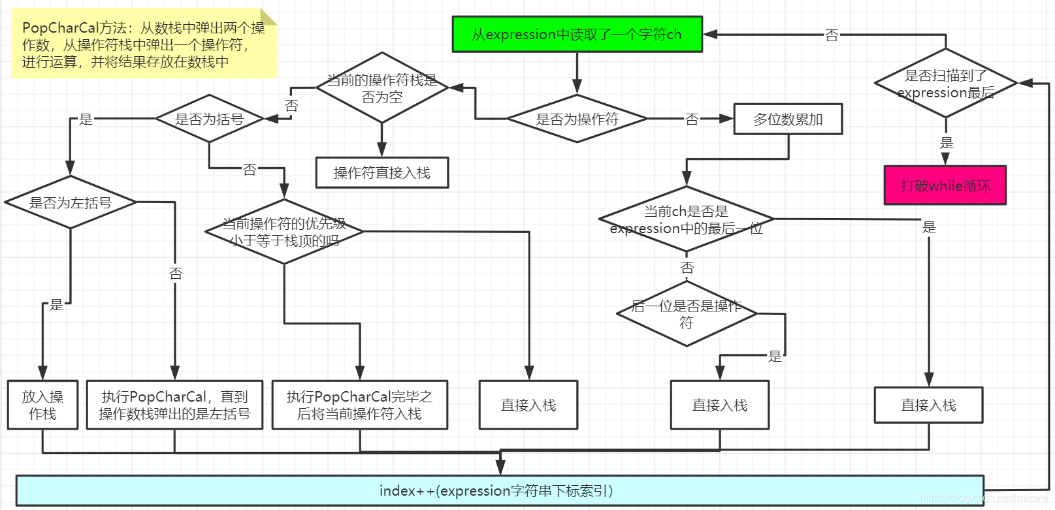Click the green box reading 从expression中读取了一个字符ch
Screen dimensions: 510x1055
[x=577, y=34]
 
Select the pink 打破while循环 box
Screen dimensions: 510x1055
[x=945, y=185]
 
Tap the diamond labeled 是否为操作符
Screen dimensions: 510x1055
[x=577, y=119]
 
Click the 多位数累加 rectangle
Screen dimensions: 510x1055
[x=788, y=120]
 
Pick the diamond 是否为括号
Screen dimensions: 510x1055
[x=209, y=119]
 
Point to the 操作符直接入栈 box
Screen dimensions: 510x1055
[x=381, y=172]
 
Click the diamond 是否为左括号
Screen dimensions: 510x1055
[x=70, y=202]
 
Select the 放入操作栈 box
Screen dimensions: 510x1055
[x=42, y=405]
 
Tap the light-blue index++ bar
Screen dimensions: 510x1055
[x=500, y=491]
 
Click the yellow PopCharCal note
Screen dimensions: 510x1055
[x=144, y=44]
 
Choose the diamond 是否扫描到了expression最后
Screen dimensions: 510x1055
[x=945, y=84]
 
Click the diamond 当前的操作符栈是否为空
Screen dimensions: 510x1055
[x=381, y=88]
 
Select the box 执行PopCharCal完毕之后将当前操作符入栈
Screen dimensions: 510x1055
[x=359, y=405]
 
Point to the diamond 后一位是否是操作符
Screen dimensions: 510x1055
[x=686, y=314]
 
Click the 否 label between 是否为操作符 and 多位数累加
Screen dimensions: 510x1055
[x=692, y=120]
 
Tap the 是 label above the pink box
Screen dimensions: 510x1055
[x=946, y=143]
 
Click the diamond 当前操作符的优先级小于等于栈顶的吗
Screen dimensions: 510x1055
[x=284, y=232]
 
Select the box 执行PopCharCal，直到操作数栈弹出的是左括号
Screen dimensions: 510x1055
[x=174, y=405]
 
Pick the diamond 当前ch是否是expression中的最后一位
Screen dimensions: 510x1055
[x=686, y=219]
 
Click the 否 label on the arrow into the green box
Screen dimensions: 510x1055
[x=831, y=35]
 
